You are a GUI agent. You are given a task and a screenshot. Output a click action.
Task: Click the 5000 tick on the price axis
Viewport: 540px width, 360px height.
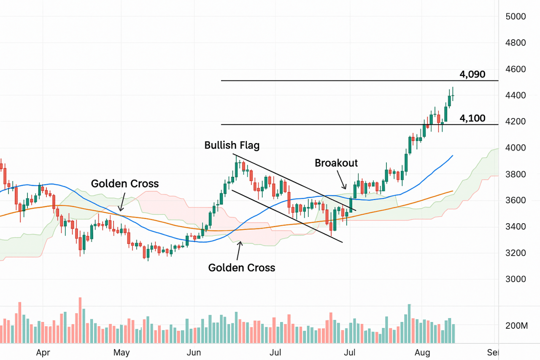(x=516, y=16)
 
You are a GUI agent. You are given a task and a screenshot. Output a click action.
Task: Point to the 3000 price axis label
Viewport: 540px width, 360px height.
(x=516, y=279)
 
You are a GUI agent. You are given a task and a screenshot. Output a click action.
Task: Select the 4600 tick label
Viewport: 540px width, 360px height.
(x=516, y=69)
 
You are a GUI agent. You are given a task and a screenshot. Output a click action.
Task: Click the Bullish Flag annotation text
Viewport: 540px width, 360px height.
(x=232, y=146)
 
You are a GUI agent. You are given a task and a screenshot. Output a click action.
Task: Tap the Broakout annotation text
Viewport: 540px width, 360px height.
(x=336, y=163)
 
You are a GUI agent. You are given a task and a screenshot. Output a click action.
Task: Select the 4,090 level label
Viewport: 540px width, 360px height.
(x=472, y=75)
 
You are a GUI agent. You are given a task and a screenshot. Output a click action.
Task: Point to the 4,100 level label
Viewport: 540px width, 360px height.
(x=472, y=119)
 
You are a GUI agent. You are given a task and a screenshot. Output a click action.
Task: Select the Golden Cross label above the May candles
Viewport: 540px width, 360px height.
(x=125, y=184)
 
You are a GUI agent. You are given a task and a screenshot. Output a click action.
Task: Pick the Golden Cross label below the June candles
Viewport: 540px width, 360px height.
(x=242, y=268)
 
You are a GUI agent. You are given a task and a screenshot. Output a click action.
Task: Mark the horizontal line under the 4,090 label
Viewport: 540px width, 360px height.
(x=359, y=81)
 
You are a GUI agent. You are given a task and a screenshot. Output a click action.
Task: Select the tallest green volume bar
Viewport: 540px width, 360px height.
(x=409, y=323)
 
